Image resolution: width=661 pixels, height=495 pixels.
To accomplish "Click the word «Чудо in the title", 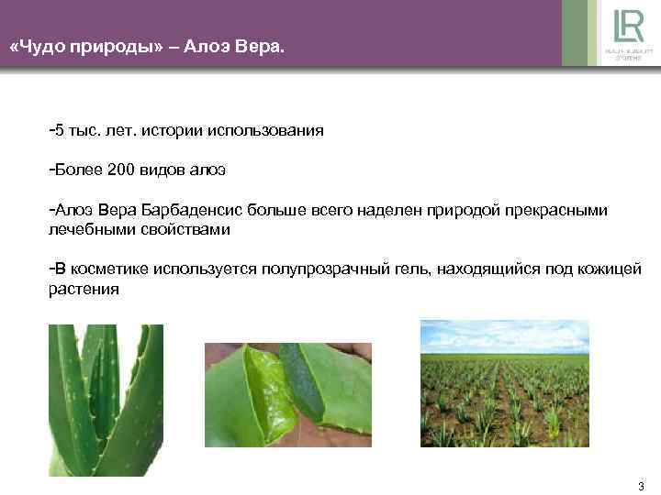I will pos(43,43).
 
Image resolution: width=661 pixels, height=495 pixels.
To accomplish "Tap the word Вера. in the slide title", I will pos(260,43).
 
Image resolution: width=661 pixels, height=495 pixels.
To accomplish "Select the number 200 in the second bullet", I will pos(120,170).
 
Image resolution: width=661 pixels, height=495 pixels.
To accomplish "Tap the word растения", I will pos(84,289).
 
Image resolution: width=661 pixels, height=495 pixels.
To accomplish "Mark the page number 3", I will pos(641,486).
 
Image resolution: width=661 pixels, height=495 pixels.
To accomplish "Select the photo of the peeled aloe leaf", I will pos(287,395).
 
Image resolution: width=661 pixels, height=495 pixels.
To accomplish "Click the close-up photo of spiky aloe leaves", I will pos(105,400).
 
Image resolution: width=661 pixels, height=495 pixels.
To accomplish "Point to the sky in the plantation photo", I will pos(504,334).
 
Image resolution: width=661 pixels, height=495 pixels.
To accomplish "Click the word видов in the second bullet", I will pos(162,170).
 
